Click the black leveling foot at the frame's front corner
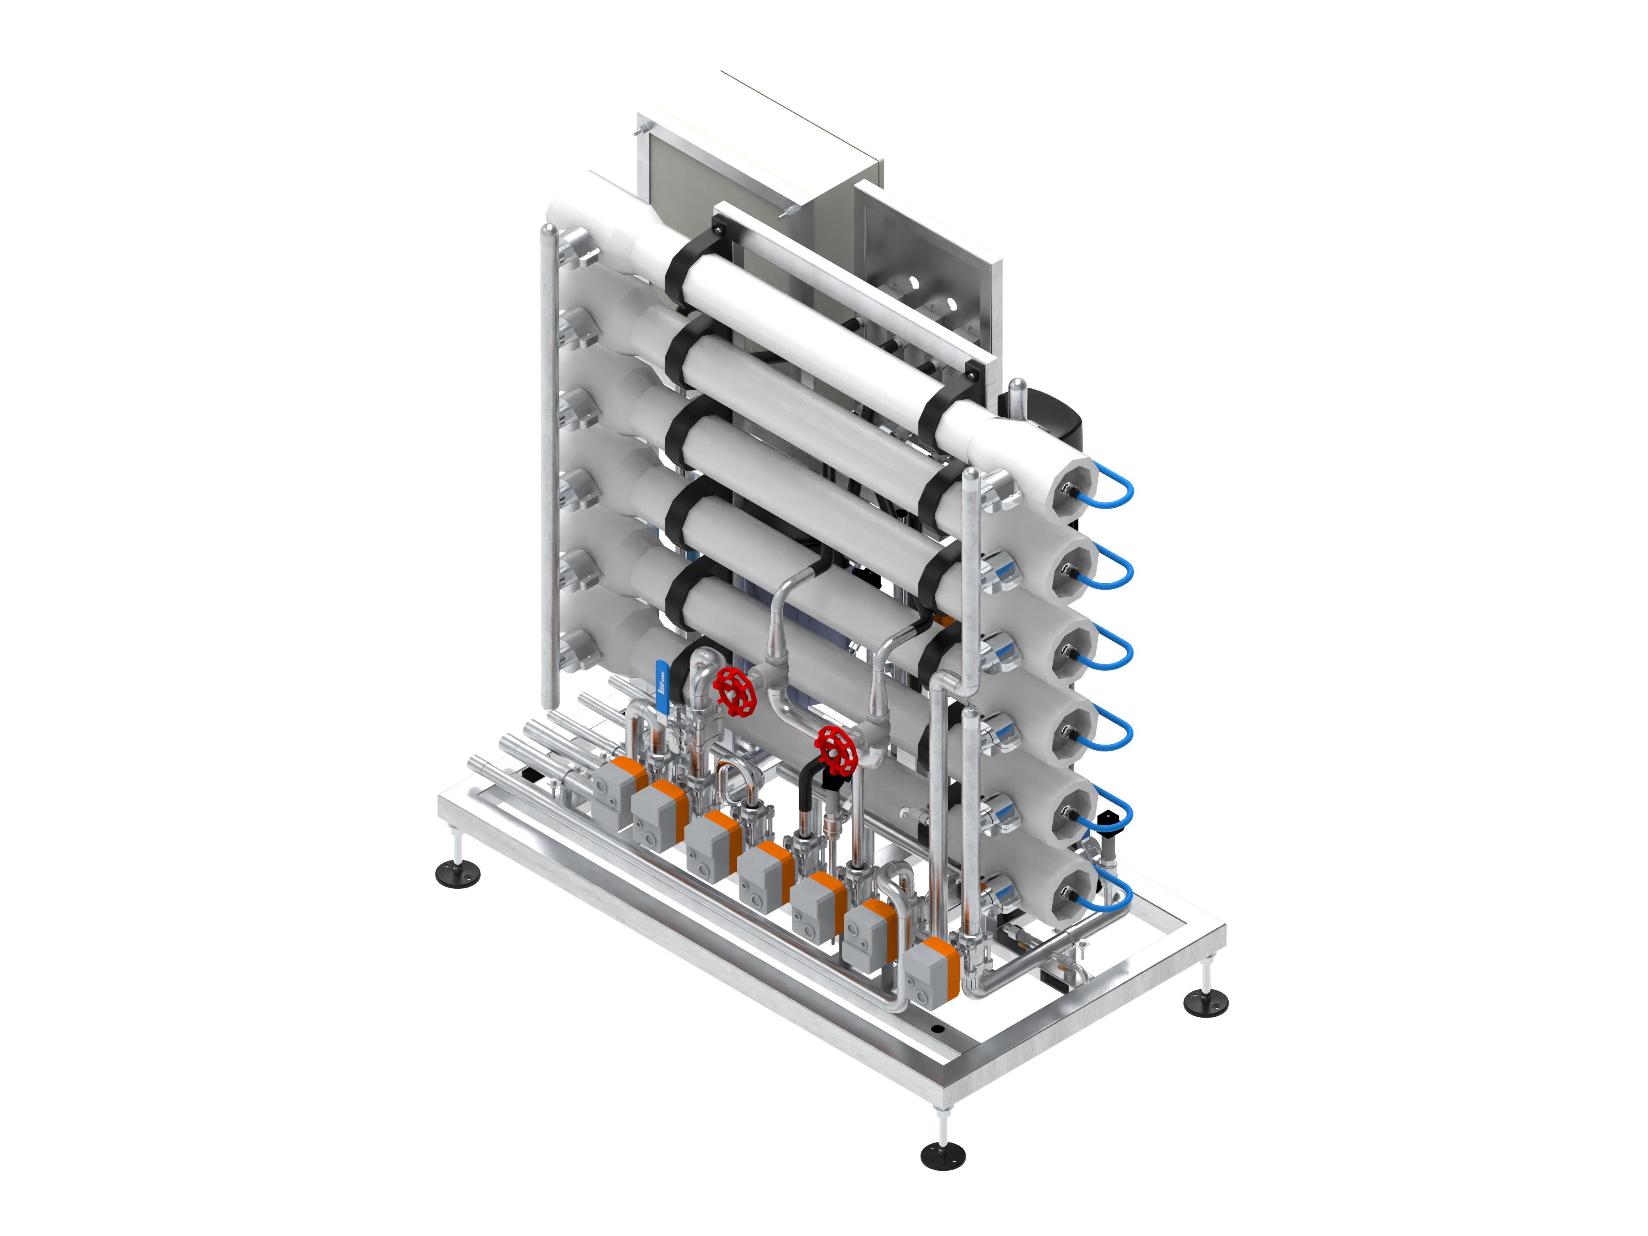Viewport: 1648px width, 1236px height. click(942, 1156)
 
